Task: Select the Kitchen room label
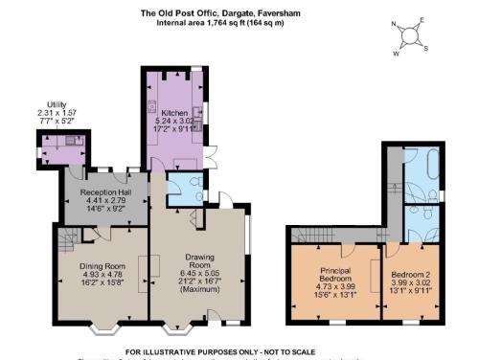174,113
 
